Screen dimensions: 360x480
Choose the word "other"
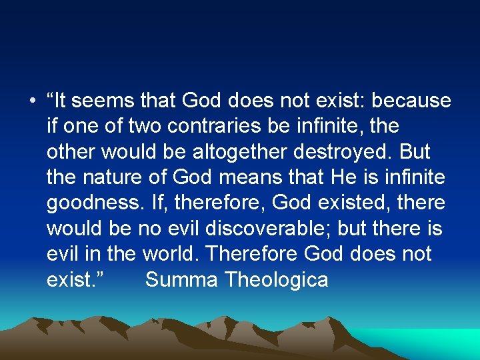(71, 152)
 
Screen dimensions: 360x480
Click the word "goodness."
(93, 203)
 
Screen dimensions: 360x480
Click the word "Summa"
(182, 279)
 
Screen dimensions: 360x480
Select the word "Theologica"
(277, 279)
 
